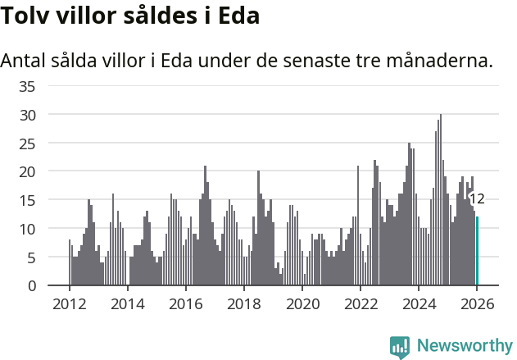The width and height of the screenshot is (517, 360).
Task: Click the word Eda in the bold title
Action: pyautogui.click(x=238, y=16)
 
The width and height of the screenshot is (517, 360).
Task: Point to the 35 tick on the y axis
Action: pyautogui.click(x=27, y=86)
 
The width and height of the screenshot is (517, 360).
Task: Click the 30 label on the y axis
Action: pyautogui.click(x=27, y=115)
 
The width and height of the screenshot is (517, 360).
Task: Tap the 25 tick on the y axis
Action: pyautogui.click(x=27, y=144)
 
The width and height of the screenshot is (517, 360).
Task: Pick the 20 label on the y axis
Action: pyautogui.click(x=27, y=171)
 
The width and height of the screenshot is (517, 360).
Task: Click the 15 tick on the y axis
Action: pyautogui.click(x=27, y=200)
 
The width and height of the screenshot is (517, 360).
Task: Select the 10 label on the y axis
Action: pyautogui.click(x=27, y=229)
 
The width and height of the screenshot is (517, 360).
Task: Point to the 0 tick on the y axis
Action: pyautogui.click(x=31, y=285)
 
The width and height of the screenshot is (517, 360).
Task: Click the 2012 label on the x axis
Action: pyautogui.click(x=69, y=304)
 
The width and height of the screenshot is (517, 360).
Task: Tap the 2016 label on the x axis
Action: pyautogui.click(x=185, y=304)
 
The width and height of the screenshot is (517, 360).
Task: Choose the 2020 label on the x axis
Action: pyautogui.click(x=302, y=304)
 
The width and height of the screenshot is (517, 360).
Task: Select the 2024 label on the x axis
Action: pyautogui.click(x=419, y=304)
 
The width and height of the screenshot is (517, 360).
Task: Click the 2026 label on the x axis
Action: pyautogui.click(x=477, y=304)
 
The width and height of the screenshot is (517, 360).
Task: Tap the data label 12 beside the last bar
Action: pyautogui.click(x=477, y=198)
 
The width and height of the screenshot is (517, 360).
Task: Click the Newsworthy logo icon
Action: pyautogui.click(x=400, y=346)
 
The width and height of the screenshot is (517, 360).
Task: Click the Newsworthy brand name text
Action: pyautogui.click(x=464, y=346)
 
